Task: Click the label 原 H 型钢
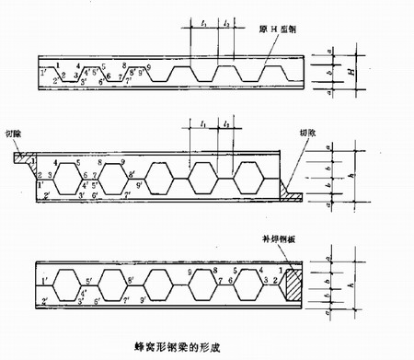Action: pyautogui.click(x=282, y=28)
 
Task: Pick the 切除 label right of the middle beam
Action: pyautogui.click(x=309, y=133)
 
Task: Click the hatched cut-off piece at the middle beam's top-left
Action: pyautogui.click(x=20, y=157)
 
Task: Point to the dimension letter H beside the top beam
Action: pyautogui.click(x=357, y=69)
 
